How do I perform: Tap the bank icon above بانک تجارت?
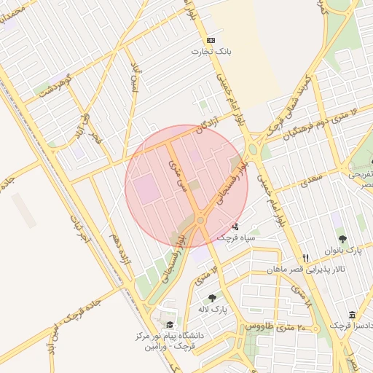click(x=211, y=40)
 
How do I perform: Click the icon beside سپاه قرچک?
click(x=235, y=226)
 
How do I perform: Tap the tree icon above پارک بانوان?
click(x=342, y=238)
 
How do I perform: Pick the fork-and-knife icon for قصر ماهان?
click(x=306, y=258)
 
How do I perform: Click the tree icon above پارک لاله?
click(x=212, y=297)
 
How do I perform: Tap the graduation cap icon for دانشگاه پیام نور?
click(x=170, y=326)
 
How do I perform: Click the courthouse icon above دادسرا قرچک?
click(x=353, y=314)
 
